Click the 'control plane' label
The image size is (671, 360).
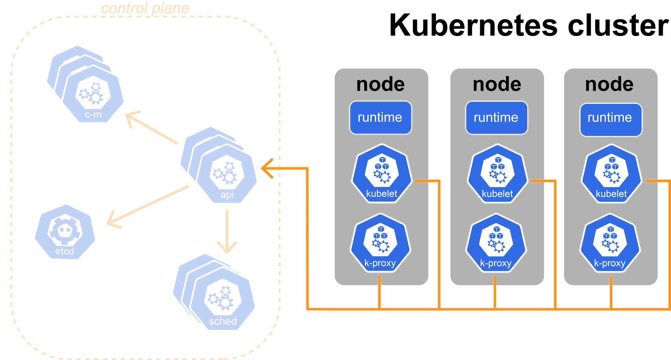pyautogui.click(x=145, y=8)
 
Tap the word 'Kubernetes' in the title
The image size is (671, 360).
pyautogui.click(x=473, y=25)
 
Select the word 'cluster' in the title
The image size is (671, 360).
pyautogui.click(x=618, y=25)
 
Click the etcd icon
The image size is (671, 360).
pyautogui.click(x=65, y=232)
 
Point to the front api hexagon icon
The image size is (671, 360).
pyautogui.click(x=227, y=174)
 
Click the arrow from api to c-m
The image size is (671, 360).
pyautogui.click(x=151, y=128)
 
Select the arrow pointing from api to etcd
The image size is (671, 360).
pyautogui.click(x=147, y=207)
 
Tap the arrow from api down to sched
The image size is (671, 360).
pyautogui.click(x=227, y=231)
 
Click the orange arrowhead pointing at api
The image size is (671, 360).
pyautogui.click(x=267, y=168)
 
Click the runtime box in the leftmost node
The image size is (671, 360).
pyautogui.click(x=381, y=118)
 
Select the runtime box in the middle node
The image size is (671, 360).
pyautogui.click(x=497, y=118)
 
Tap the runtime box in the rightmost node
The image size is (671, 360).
pyautogui.click(x=611, y=120)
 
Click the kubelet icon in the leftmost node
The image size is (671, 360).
pyautogui.click(x=382, y=174)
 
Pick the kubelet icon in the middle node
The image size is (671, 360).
pyautogui.click(x=497, y=174)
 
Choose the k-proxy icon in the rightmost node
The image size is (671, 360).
pyautogui.click(x=610, y=243)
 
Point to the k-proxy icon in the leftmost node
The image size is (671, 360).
pyautogui.click(x=380, y=243)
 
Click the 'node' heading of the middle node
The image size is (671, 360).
pyautogui.click(x=497, y=84)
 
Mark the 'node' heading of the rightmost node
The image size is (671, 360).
pyautogui.click(x=609, y=84)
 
